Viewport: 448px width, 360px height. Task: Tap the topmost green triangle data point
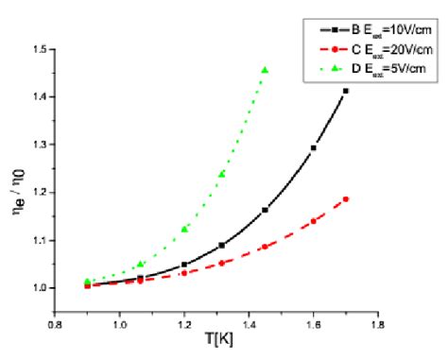pos(265,70)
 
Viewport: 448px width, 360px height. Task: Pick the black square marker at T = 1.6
pos(313,148)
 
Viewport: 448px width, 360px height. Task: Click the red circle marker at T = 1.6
pos(313,221)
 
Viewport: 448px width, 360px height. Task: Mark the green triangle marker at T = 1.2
pos(184,229)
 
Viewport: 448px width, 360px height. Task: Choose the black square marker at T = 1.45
pos(265,210)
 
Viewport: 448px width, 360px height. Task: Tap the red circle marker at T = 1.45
pos(265,247)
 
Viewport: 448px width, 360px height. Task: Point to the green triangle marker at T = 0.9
pos(88,282)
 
